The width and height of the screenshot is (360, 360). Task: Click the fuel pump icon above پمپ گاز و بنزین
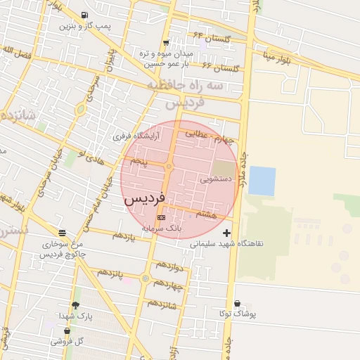pos(85,15)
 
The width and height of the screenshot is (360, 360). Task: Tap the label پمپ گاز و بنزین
pos(84,26)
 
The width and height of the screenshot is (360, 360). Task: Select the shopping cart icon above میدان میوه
pos(166,42)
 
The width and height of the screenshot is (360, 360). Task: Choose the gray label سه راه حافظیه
pos(184,85)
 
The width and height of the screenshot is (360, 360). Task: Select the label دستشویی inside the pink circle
pos(215,179)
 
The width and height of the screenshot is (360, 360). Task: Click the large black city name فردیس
pos(144,200)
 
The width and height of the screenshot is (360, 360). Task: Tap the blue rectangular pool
pos(262,181)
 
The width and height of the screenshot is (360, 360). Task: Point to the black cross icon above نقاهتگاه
pos(226,233)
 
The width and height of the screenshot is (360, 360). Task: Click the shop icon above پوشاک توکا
pos(236,304)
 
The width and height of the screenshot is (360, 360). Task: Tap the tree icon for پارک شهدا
pos(76,305)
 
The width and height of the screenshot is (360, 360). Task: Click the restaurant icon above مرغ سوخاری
pos(63,233)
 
